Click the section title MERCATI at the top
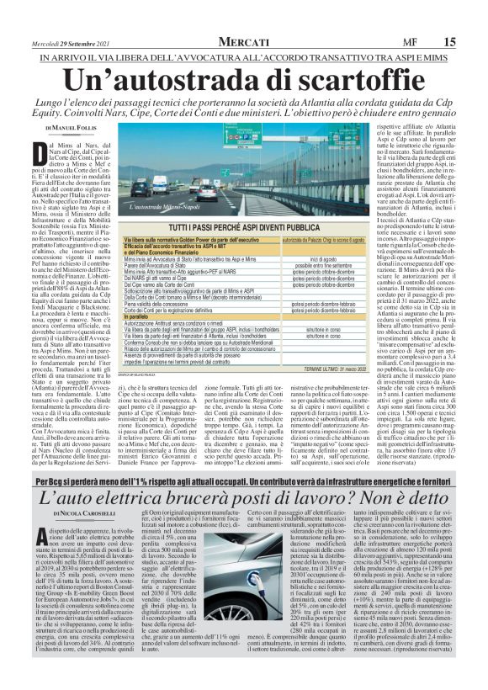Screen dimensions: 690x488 point(245,18)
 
